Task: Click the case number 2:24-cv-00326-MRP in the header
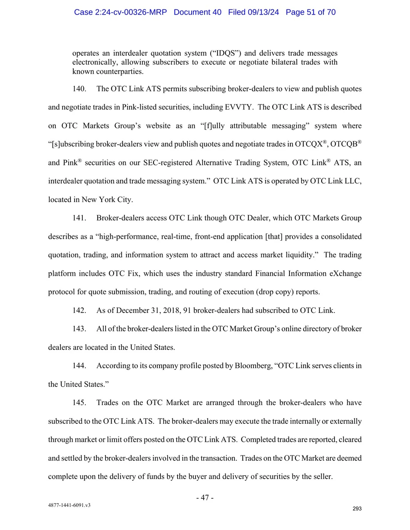(120, 12)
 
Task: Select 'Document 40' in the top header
(197, 12)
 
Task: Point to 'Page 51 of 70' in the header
(311, 12)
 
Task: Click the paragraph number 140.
(79, 89)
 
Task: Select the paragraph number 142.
(79, 310)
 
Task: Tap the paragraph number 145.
(79, 402)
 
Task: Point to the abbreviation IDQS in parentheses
(225, 53)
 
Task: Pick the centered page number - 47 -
(205, 497)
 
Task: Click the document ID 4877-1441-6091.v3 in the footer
(69, 505)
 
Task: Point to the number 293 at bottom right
(357, 509)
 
